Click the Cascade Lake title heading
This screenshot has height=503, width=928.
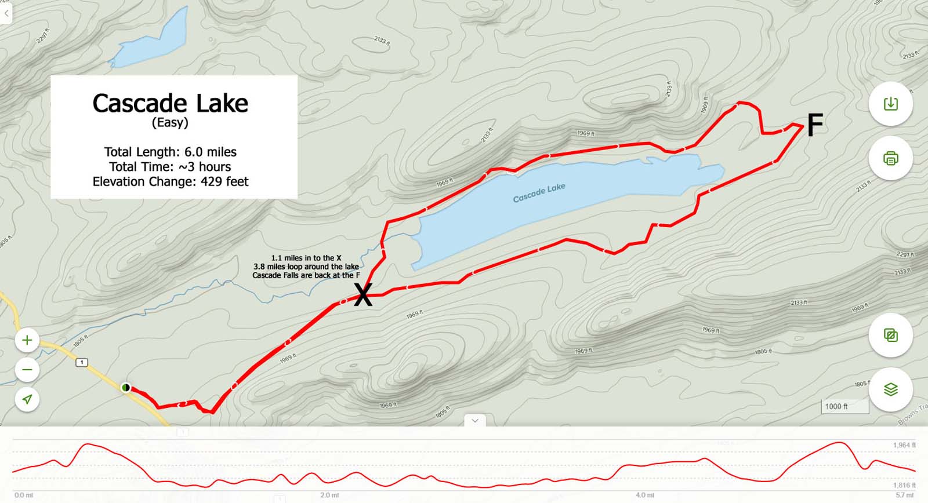[170, 104]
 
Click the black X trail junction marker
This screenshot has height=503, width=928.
[363, 295]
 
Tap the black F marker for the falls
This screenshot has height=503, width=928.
[815, 125]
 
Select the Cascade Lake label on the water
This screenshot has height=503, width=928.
[539, 193]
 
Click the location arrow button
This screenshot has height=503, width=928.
[27, 399]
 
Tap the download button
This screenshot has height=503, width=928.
[890, 104]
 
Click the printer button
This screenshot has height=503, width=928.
[890, 158]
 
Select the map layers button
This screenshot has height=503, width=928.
[890, 389]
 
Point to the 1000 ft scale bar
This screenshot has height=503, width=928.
[844, 407]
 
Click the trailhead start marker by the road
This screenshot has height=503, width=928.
[126, 388]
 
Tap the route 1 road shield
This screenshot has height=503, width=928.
[82, 362]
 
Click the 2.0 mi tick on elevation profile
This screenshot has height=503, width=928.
[329, 495]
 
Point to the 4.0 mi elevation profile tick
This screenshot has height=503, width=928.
[644, 495]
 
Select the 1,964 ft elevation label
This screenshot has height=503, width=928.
[904, 445]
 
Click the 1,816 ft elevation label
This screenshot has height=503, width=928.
[904, 485]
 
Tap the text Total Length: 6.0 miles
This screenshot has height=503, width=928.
[170, 152]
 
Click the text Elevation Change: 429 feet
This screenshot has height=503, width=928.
[170, 181]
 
